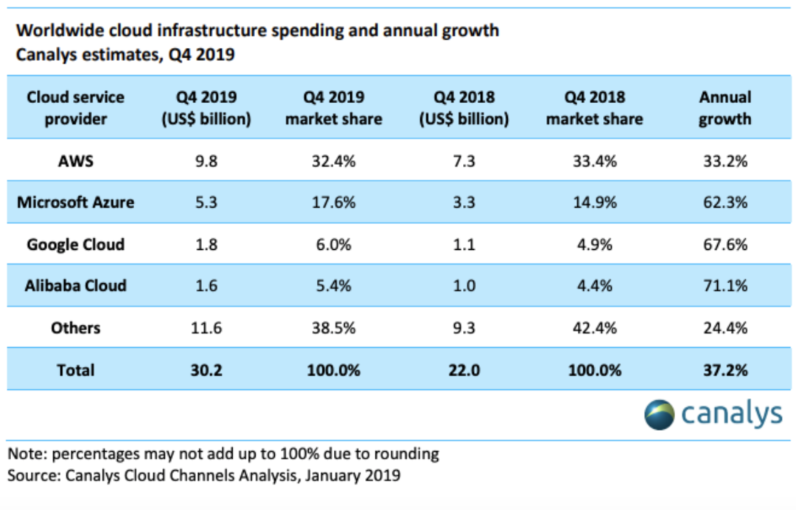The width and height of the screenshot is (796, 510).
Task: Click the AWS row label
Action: (76, 161)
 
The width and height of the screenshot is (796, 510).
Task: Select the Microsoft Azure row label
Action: (76, 202)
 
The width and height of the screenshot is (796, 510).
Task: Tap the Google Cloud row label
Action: (76, 245)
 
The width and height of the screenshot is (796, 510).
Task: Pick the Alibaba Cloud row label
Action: (76, 286)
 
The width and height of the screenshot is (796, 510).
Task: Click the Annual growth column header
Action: (725, 108)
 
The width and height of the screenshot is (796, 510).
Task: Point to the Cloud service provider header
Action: (76, 108)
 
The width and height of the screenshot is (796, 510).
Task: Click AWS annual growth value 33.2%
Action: (725, 161)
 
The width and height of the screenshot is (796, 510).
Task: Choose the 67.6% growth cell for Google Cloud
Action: (725, 245)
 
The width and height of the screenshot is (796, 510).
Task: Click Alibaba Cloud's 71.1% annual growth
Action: (725, 286)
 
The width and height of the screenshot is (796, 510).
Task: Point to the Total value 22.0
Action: (464, 370)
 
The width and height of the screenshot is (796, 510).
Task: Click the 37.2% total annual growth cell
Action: (725, 370)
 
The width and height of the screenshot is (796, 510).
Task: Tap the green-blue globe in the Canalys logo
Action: (660, 415)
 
